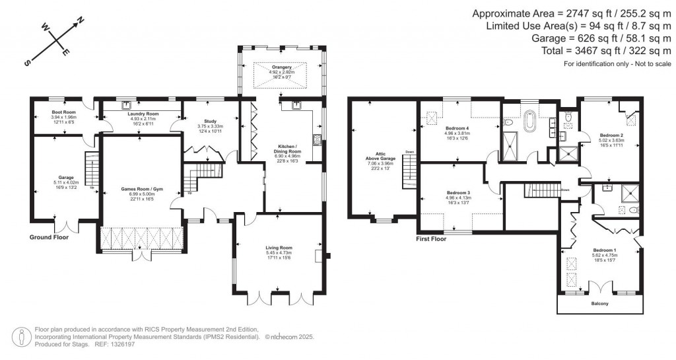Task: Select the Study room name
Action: click(x=207, y=121)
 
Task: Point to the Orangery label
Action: click(x=285, y=68)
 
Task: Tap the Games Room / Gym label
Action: click(x=141, y=190)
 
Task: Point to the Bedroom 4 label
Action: click(x=457, y=128)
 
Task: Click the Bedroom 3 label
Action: click(x=457, y=193)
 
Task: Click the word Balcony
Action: click(x=599, y=305)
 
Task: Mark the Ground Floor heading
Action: click(x=49, y=236)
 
